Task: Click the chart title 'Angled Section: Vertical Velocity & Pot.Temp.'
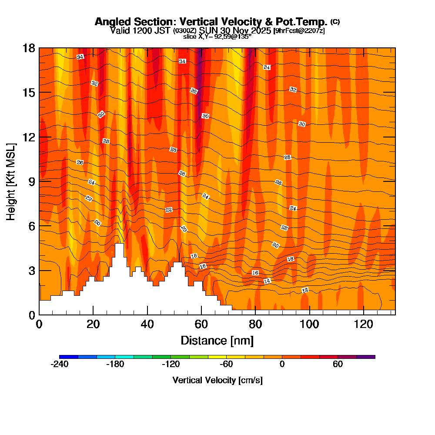coord(211,22)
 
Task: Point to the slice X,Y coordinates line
coord(217,37)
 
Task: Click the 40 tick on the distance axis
coord(147,324)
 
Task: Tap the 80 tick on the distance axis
coord(255,324)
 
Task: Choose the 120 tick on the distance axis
coord(363,324)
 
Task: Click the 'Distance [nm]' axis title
coord(217,340)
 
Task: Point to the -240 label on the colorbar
coord(60,364)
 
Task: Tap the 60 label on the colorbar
coord(338,364)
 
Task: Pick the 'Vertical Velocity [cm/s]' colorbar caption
coord(217,380)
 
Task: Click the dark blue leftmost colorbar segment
coord(69,357)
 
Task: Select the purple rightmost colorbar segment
coord(365,357)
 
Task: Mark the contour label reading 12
coord(305,290)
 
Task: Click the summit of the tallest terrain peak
coord(119,244)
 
